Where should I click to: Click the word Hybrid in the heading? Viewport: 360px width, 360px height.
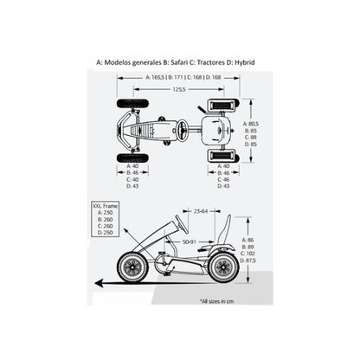tap(256, 62)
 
